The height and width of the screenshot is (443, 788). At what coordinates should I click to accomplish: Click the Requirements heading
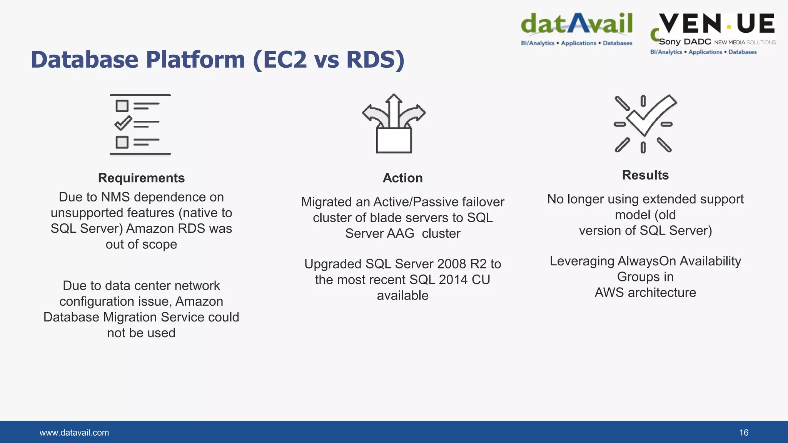tap(141, 178)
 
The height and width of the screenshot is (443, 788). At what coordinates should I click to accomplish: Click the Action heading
tap(402, 178)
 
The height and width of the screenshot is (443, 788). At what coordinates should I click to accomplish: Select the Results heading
tap(645, 175)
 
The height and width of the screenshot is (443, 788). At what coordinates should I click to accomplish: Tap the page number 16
tap(743, 433)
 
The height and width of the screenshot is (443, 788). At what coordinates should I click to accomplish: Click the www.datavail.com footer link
tap(74, 433)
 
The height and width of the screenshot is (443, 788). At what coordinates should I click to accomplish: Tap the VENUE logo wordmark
tap(716, 24)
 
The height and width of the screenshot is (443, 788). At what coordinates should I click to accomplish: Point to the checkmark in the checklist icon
tap(123, 123)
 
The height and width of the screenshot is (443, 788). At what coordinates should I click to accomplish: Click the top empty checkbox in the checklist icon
tap(122, 106)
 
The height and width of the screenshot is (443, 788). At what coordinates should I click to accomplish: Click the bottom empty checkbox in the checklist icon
tap(122, 142)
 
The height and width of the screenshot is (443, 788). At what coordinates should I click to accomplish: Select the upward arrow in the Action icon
tap(394, 110)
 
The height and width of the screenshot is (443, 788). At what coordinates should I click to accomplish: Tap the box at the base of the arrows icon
tap(394, 141)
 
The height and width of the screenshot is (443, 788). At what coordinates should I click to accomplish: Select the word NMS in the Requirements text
tap(115, 197)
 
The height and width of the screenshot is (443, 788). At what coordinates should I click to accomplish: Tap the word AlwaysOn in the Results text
tap(646, 261)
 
